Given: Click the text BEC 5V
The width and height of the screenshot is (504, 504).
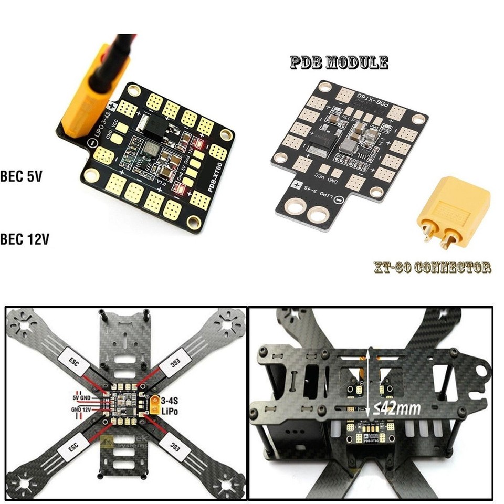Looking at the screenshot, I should (22, 176).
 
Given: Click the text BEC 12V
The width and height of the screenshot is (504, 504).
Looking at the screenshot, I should (25, 240).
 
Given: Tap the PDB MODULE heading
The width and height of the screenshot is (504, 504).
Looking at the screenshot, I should (339, 63).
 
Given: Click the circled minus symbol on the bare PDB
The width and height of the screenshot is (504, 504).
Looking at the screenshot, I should (340, 199).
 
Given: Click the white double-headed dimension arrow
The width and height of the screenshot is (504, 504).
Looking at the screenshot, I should (371, 382).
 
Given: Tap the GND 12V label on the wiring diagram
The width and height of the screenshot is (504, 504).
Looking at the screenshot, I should (82, 408).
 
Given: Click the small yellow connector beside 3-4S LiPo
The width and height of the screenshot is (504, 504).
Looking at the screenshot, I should (155, 404).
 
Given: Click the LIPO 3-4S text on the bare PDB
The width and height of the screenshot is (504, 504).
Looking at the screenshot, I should (316, 193).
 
